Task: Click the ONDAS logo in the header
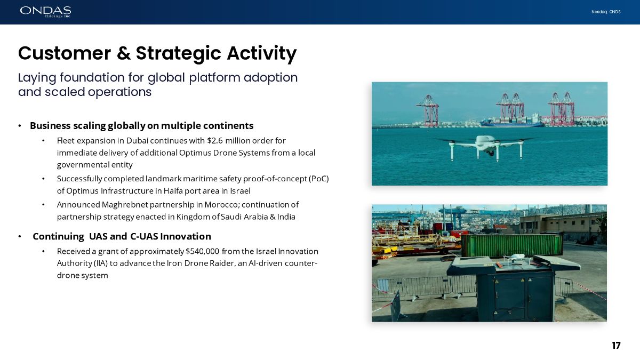pos(45,12)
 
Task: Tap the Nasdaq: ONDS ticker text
pos(606,12)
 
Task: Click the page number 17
pos(617,346)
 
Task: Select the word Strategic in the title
pos(178,54)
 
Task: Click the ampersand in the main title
pos(123,53)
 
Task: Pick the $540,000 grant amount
pos(202,251)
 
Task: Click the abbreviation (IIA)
pos(101,263)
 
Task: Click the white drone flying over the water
pos(486,147)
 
